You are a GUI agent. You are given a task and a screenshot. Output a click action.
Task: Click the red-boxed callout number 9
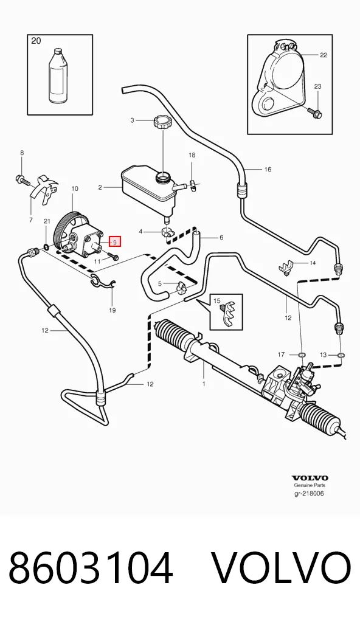coord(115,242)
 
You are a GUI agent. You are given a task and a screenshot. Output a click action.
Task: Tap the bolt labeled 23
coord(316,113)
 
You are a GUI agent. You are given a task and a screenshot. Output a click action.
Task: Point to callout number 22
coord(324,55)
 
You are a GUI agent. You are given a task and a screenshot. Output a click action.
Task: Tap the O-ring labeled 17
coord(301,355)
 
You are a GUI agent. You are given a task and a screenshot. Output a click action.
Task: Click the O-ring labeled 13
coord(341,355)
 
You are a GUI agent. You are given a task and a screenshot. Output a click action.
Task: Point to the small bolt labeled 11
coord(113,257)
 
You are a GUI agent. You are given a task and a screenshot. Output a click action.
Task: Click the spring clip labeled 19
coord(102,280)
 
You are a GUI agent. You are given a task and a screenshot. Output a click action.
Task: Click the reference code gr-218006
coord(310,494)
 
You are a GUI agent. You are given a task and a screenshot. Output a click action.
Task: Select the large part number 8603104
coord(91,569)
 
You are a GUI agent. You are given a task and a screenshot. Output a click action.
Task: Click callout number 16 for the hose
coord(268,170)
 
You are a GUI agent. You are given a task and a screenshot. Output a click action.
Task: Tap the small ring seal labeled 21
coord(46,247)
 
